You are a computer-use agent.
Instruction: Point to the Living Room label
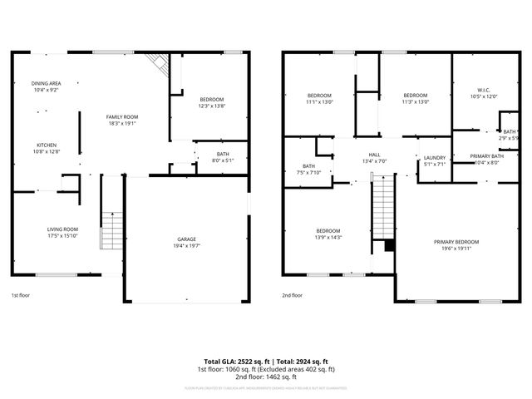(x=62, y=232)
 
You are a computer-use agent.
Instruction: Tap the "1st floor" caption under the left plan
(x=22, y=295)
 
